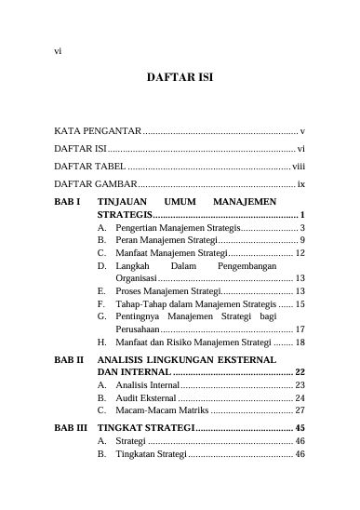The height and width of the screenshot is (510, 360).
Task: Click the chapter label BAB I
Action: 68,201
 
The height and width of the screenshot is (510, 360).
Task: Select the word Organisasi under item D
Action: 136,278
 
